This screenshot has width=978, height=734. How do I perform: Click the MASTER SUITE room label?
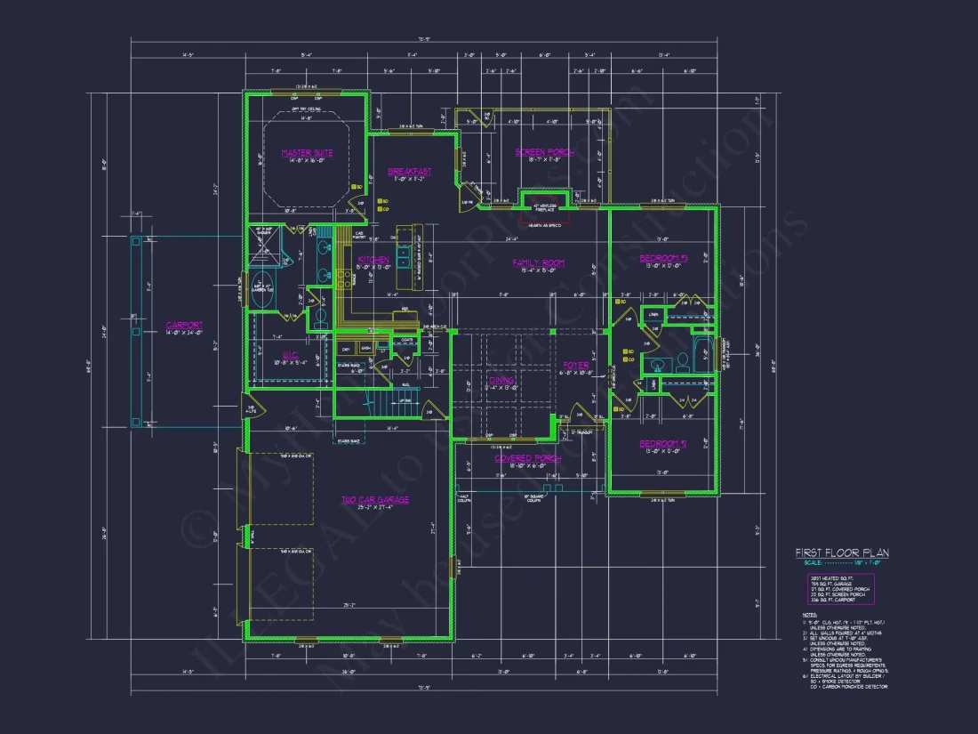tap(307, 153)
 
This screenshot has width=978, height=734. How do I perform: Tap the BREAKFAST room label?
tap(410, 172)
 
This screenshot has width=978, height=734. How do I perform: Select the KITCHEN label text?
tap(373, 260)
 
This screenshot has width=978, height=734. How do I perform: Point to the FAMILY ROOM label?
tap(539, 262)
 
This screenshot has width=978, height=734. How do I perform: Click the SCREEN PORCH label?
tap(544, 152)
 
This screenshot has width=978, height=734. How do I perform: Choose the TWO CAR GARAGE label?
tap(375, 500)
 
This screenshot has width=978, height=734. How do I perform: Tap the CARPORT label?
tap(184, 326)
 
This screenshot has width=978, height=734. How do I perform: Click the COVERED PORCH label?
tap(527, 458)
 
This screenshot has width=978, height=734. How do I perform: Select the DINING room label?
tap(501, 380)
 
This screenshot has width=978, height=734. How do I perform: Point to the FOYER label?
tap(576, 365)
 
